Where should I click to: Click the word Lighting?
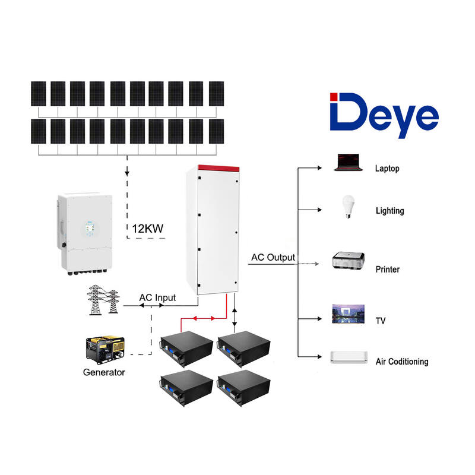coord(389,211)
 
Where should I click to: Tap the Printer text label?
coord(388,270)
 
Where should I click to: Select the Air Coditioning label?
coord(402,361)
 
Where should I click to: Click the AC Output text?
coord(273,258)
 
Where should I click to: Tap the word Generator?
coord(104,373)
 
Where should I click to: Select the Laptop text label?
coord(387,169)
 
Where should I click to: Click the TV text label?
coord(381,321)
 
